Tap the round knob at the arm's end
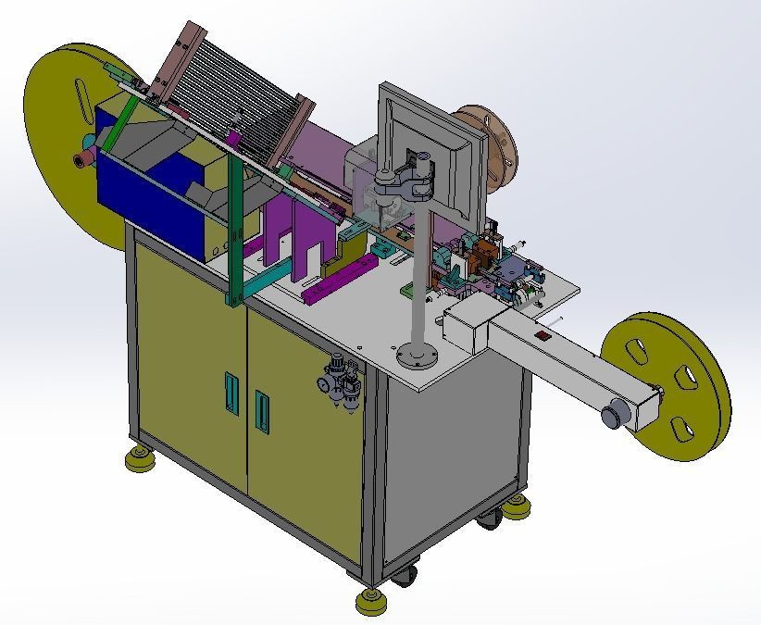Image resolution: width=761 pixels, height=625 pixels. (x=613, y=416)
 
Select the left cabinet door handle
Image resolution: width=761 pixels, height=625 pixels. (x=230, y=394)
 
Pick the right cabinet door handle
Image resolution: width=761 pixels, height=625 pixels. (x=262, y=412)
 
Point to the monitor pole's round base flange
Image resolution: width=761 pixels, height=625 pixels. (x=415, y=356)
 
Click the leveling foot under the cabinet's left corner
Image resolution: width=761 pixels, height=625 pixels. (x=140, y=458)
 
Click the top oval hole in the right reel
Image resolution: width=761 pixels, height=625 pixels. (x=637, y=351)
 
